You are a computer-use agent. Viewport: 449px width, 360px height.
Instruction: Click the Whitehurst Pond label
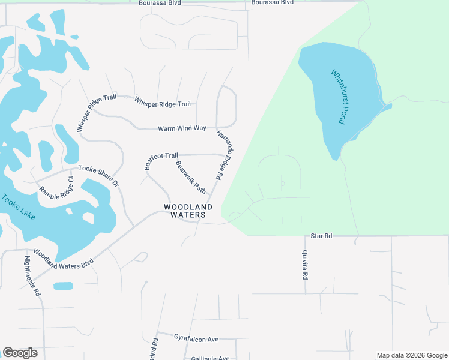click(339, 97)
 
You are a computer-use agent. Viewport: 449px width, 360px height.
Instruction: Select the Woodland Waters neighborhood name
click(188, 211)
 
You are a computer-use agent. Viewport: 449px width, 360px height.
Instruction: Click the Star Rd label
click(321, 236)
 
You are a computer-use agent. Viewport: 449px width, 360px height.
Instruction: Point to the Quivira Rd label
click(305, 265)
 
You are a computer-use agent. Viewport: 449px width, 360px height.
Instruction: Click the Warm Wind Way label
click(182, 128)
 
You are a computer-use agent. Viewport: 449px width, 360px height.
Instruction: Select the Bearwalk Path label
click(191, 177)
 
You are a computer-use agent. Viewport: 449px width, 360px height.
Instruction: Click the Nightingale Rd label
click(31, 277)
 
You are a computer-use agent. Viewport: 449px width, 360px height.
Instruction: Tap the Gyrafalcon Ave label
click(196, 339)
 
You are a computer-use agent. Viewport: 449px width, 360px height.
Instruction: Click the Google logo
click(20, 353)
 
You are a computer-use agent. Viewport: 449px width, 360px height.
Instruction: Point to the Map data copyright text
click(412, 355)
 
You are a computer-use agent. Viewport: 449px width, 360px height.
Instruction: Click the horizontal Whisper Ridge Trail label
click(163, 102)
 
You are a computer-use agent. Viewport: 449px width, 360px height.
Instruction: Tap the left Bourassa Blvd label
click(160, 3)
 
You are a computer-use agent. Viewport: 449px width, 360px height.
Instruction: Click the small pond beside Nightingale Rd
click(63, 286)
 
